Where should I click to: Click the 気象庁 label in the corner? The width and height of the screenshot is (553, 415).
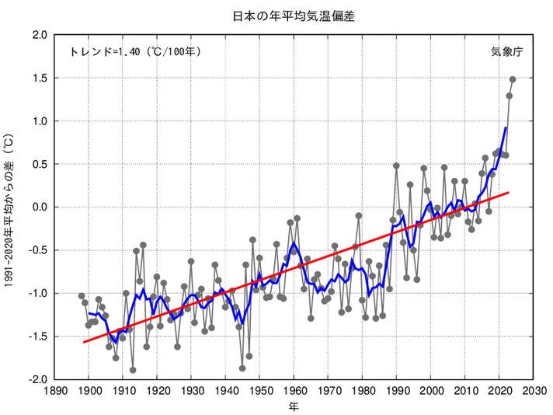click(x=506, y=52)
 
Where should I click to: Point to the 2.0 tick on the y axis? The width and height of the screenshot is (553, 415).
click(x=39, y=35)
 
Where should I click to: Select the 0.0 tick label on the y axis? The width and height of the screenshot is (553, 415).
click(x=39, y=207)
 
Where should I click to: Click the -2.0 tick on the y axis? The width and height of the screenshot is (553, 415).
click(x=37, y=379)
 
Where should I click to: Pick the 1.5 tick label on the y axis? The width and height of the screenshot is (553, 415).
click(x=39, y=78)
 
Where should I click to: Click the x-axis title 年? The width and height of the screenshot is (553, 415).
click(x=294, y=406)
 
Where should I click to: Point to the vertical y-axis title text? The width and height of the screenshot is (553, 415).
click(x=9, y=207)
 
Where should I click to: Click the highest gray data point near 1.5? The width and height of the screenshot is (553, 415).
click(x=513, y=79)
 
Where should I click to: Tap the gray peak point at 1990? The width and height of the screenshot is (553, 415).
click(x=396, y=166)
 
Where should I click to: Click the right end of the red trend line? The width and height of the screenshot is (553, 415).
click(x=510, y=192)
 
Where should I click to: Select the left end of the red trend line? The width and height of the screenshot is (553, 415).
click(x=82, y=342)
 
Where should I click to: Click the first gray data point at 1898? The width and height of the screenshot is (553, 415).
click(x=82, y=295)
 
